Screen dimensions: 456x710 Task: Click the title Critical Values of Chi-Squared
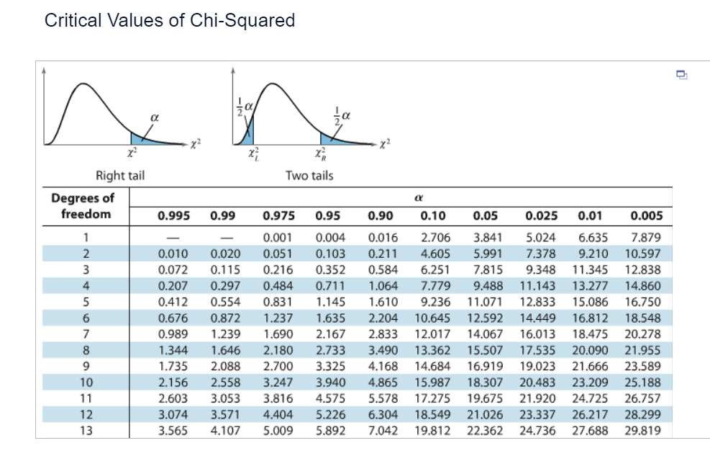tap(170, 20)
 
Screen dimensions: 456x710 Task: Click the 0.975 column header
tap(278, 215)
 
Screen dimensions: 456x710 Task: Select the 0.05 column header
tap(486, 215)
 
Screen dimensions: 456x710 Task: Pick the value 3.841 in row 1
tap(488, 238)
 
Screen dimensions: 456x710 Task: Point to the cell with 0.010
tap(172, 254)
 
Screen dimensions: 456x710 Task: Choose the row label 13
tap(86, 431)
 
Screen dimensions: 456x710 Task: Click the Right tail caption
tap(120, 175)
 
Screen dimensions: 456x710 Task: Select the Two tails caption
tap(309, 175)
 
